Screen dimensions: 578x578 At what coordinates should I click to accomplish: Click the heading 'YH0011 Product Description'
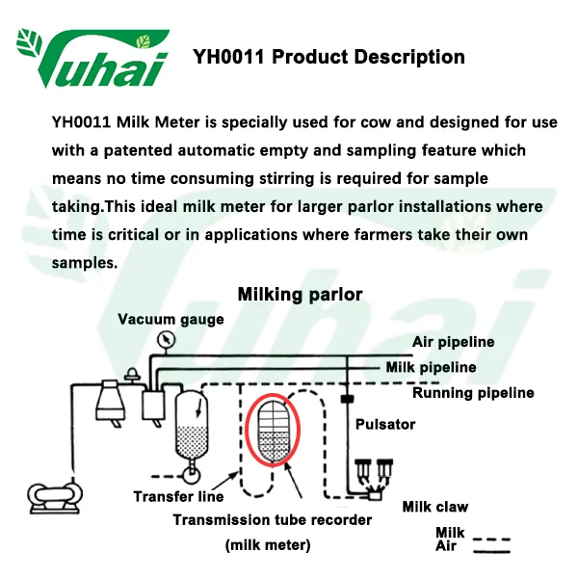coord(328,57)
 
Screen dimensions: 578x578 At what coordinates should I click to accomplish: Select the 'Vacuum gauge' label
coord(171,319)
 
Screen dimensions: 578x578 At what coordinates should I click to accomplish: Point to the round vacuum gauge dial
coord(171,339)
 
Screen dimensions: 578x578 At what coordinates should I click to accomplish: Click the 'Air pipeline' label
coord(453,342)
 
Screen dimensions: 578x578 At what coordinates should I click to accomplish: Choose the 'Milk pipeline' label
coord(431,367)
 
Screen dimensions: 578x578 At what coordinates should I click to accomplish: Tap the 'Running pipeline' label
coord(473,393)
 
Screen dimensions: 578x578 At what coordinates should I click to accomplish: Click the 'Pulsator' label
coord(385,424)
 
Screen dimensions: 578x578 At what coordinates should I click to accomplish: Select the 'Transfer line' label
coord(178,497)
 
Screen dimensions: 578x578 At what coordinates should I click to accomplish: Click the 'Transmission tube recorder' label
coord(273,520)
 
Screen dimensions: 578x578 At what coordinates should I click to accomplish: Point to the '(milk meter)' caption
coord(268,545)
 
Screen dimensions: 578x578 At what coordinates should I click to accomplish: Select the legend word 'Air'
coord(446,547)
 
